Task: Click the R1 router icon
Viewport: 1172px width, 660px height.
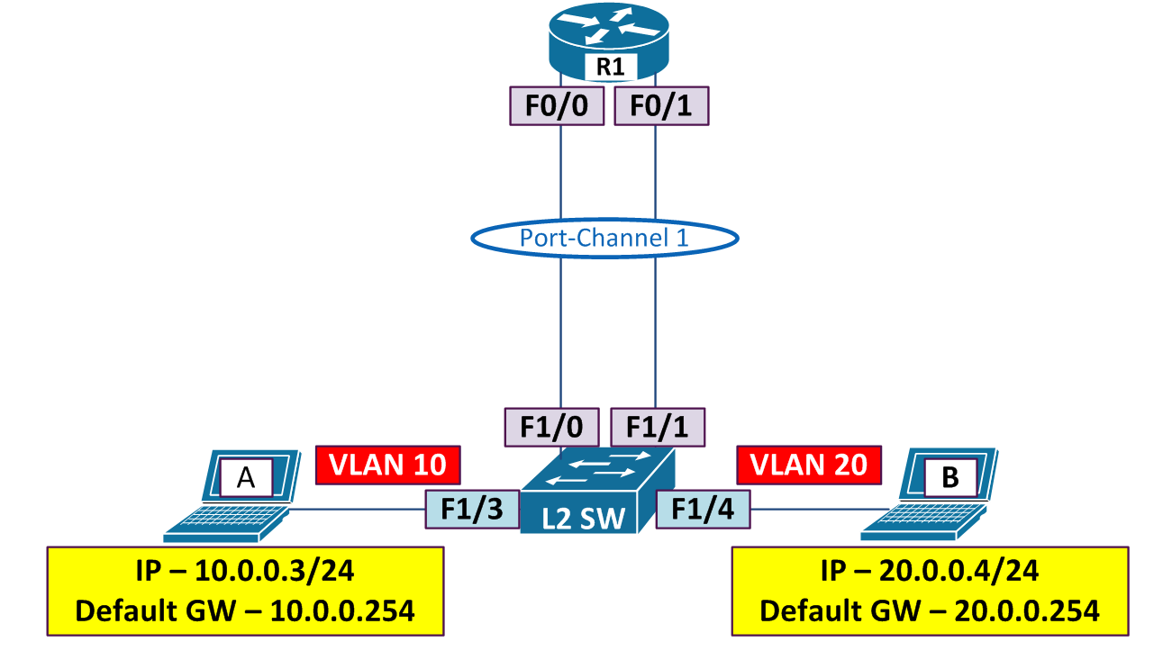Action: tap(609, 41)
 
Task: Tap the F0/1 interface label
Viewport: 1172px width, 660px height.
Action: tap(661, 105)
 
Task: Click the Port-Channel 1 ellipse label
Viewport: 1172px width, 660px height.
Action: tap(604, 238)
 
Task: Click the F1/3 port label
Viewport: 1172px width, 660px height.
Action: tap(472, 508)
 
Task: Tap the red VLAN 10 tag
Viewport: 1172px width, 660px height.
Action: tap(387, 465)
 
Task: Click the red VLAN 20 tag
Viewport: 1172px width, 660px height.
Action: tap(808, 465)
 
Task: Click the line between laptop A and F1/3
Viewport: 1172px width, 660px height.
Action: tap(360, 510)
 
